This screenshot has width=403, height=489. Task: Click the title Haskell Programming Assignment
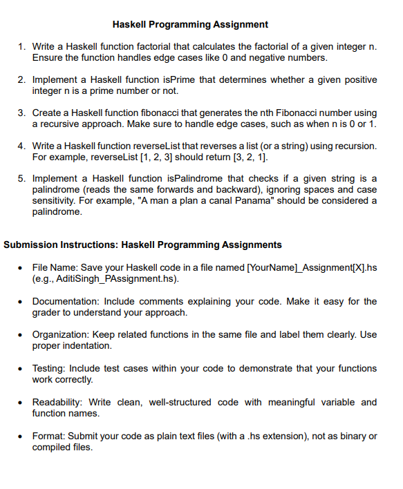coord(190,25)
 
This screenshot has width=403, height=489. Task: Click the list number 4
coord(21,146)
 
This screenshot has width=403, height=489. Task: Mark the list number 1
coord(21,46)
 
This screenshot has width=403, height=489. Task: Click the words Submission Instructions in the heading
coord(61,245)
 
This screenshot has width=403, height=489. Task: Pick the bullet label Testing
coord(50,368)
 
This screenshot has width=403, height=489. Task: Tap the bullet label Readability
coord(58,402)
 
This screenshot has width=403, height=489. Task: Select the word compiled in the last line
coord(53,447)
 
